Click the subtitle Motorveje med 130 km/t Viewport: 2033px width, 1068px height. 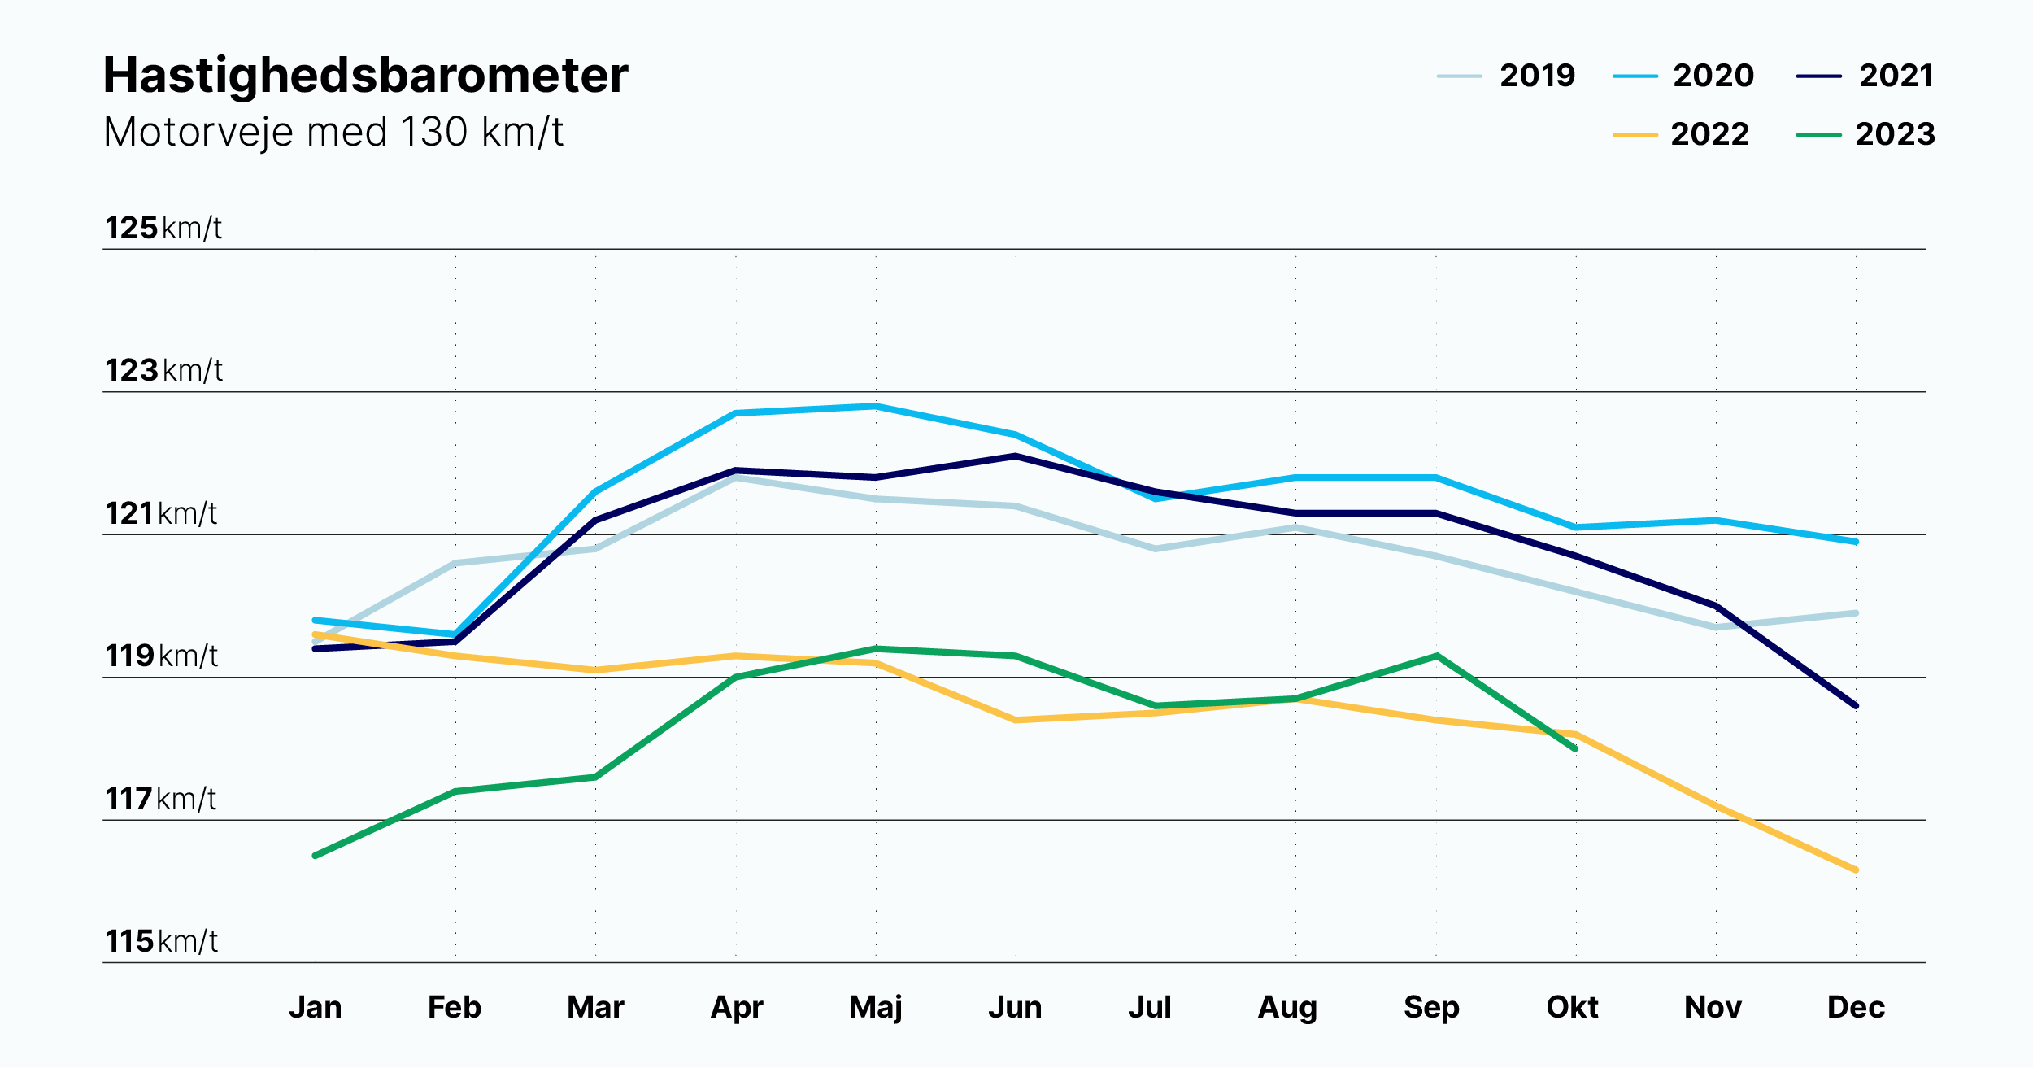coord(333,132)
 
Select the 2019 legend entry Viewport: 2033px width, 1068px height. coord(1506,76)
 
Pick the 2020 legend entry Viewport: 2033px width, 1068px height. coord(1683,76)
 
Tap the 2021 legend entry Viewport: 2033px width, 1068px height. coord(1865,76)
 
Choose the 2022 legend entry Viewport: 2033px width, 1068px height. coord(1681,134)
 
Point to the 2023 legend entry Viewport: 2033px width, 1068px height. coord(1865,134)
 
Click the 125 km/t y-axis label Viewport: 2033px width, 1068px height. coord(163,229)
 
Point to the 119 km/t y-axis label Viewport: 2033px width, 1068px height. coord(162,656)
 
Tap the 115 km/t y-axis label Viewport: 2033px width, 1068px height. coord(162,942)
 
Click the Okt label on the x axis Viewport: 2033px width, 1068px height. coord(1572,1008)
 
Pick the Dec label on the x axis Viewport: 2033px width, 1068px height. coord(1856,1008)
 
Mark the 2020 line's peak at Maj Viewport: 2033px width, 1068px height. coord(876,406)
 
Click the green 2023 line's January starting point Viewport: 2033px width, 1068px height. coord(316,856)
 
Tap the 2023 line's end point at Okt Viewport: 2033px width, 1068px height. coord(1575,748)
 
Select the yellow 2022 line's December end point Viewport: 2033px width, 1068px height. coord(1856,870)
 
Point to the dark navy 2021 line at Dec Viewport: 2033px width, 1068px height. coord(1856,706)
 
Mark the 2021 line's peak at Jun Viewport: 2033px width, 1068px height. coord(1016,456)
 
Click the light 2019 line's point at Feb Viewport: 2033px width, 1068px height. coord(455,563)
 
